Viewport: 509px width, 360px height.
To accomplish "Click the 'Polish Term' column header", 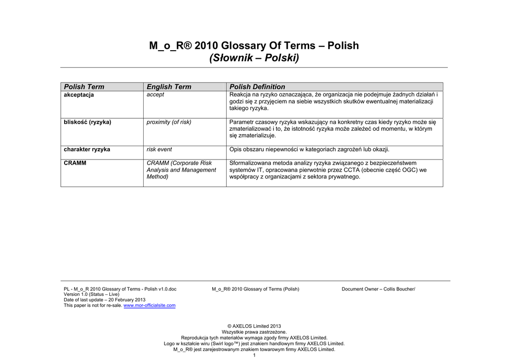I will pyautogui.click(x=84, y=87).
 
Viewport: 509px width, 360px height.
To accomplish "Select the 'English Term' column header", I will pyautogui.click(x=169, y=87).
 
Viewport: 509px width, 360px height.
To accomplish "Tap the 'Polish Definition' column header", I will pyautogui.click(x=257, y=87).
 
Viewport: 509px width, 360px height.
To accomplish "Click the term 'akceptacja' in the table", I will pyautogui.click(x=79, y=94).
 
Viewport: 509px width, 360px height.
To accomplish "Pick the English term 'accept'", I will pyautogui.click(x=155, y=94).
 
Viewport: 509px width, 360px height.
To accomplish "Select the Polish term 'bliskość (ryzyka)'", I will pyautogui.click(x=87, y=122).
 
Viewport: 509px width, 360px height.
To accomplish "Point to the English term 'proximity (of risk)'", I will pyautogui.click(x=169, y=122).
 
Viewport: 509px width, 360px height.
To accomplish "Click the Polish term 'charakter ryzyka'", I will pyautogui.click(x=87, y=149).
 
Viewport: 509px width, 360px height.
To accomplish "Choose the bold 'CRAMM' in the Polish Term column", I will pyautogui.click(x=75, y=163).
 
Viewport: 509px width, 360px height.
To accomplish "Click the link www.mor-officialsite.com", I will pyautogui.click(x=149, y=305).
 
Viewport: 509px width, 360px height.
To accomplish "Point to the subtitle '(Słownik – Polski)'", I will pyautogui.click(x=254, y=59).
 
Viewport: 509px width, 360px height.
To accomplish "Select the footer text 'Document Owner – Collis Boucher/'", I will pyautogui.click(x=378, y=289).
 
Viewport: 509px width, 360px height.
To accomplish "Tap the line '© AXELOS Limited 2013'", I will pyautogui.click(x=254, y=326).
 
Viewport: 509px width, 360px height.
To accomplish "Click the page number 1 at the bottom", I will pyautogui.click(x=254, y=355).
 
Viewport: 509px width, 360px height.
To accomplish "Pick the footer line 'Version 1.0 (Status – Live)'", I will pyautogui.click(x=91, y=294).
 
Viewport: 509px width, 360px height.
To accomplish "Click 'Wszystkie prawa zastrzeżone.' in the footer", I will pyautogui.click(x=254, y=332).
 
